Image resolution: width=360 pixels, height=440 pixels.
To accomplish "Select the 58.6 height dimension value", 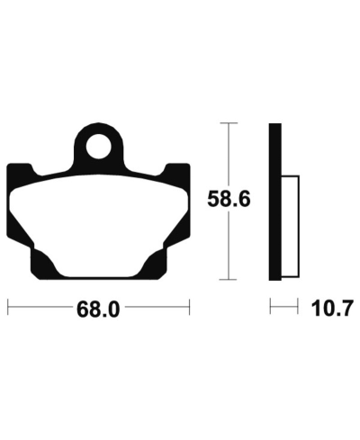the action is [x=229, y=199].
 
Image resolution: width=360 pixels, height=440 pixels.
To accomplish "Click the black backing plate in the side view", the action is [x=274, y=202].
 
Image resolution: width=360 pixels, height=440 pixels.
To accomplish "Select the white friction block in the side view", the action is [x=290, y=226].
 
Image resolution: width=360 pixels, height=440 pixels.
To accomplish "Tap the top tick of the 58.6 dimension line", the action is [x=229, y=123].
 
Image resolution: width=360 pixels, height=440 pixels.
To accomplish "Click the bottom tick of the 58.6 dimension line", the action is [x=229, y=280].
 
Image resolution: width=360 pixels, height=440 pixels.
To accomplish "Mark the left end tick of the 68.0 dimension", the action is [x=8, y=307].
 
